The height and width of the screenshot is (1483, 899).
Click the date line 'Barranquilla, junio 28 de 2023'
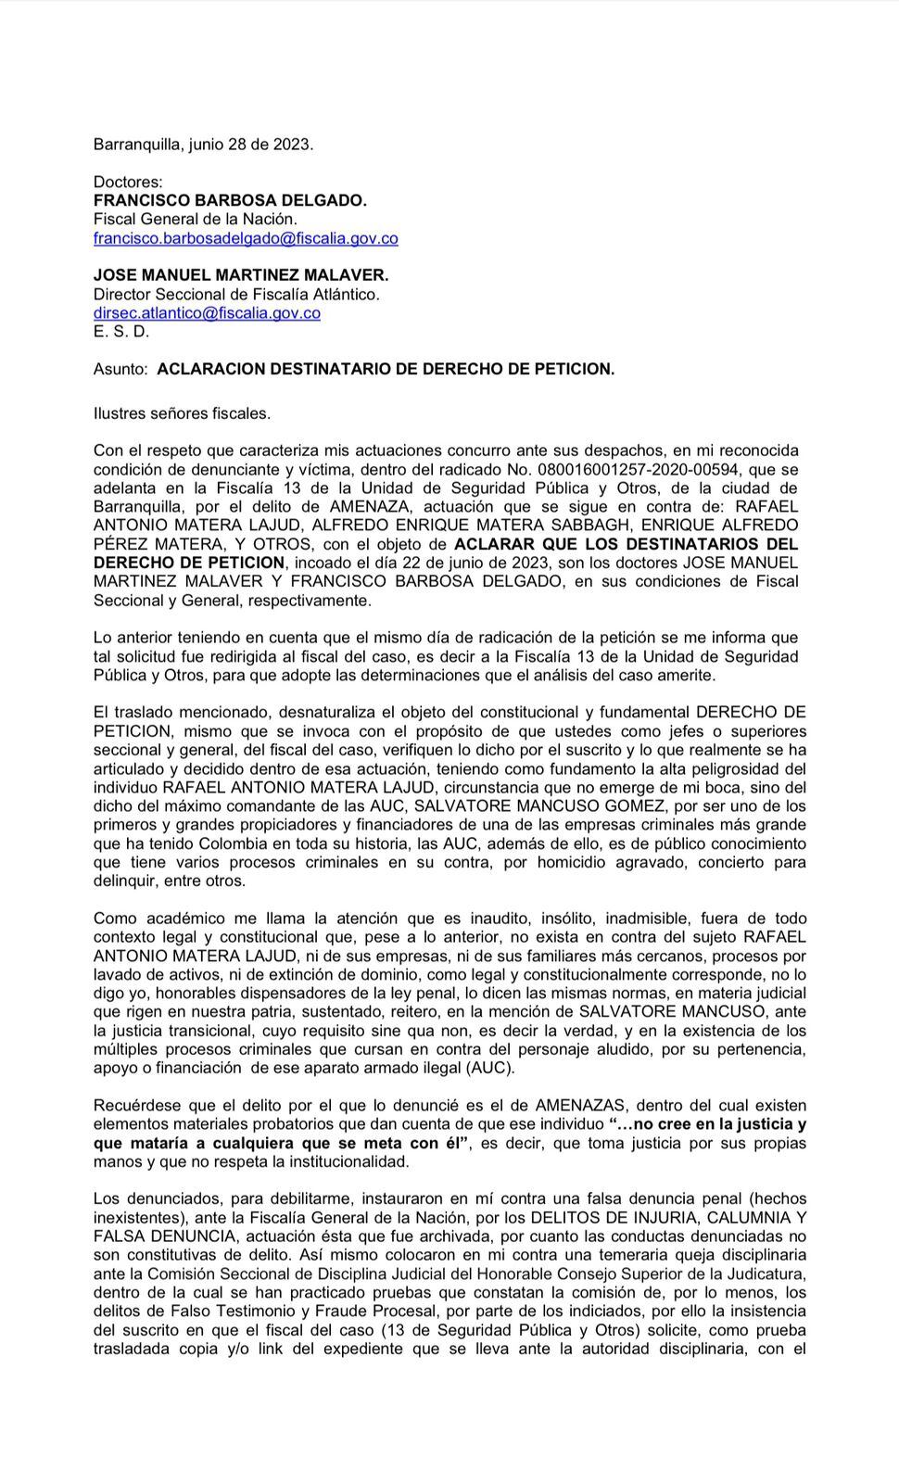[203, 145]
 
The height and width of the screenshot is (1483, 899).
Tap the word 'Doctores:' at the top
[128, 182]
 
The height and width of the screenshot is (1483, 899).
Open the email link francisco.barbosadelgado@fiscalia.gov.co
[246, 238]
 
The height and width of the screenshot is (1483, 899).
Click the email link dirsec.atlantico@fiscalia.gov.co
[207, 313]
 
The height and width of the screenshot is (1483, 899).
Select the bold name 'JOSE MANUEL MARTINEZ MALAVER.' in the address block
[241, 275]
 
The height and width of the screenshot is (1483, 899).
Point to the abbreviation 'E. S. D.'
[121, 332]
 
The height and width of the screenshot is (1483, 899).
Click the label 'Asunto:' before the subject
[120, 369]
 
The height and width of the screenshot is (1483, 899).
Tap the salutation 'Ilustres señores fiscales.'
[182, 413]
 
